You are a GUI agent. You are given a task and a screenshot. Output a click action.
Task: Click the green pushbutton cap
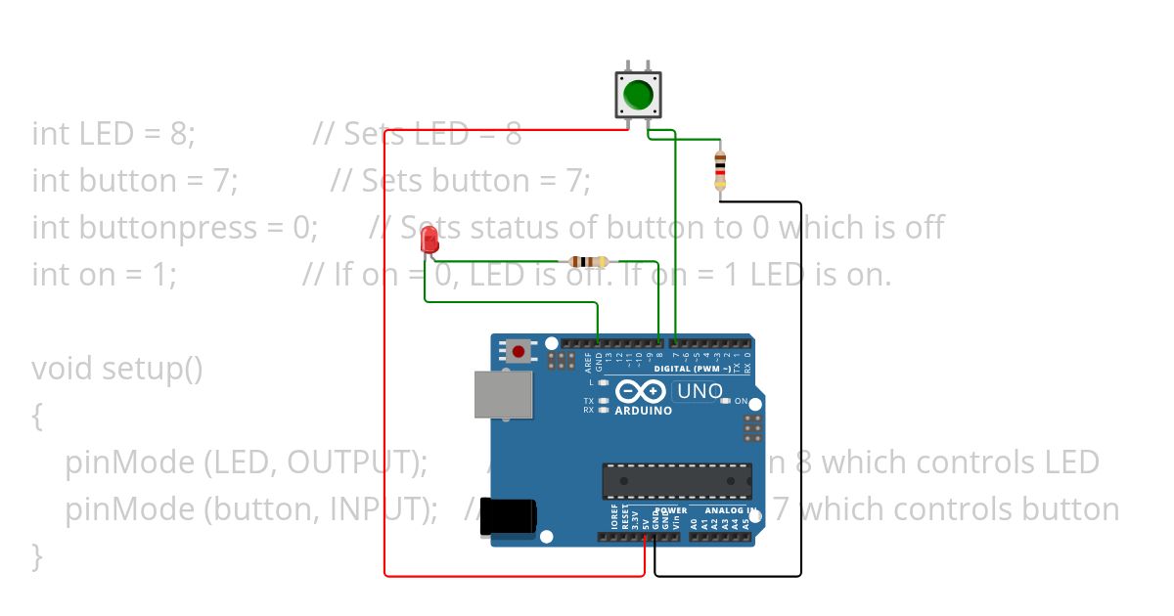click(x=638, y=95)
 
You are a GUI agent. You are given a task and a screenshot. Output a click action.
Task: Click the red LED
click(x=429, y=241)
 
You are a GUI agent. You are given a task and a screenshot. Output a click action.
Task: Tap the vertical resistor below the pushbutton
click(x=720, y=169)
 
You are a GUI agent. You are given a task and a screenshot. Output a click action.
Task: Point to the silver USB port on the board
click(x=504, y=394)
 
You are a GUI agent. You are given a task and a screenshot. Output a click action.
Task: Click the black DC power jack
click(x=510, y=517)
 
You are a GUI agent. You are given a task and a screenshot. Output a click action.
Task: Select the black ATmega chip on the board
click(x=677, y=481)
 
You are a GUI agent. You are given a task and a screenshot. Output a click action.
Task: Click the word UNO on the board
click(x=700, y=392)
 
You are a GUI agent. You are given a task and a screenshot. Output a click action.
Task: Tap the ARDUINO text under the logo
click(x=643, y=411)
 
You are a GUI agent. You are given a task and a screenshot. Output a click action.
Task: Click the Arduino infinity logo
click(x=642, y=392)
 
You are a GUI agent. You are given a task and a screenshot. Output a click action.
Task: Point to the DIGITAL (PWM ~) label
click(x=699, y=370)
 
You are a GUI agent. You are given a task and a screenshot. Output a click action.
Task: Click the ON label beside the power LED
click(x=741, y=402)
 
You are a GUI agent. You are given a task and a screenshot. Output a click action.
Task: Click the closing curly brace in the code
click(x=37, y=556)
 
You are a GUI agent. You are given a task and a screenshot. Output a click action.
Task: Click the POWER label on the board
click(x=671, y=510)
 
